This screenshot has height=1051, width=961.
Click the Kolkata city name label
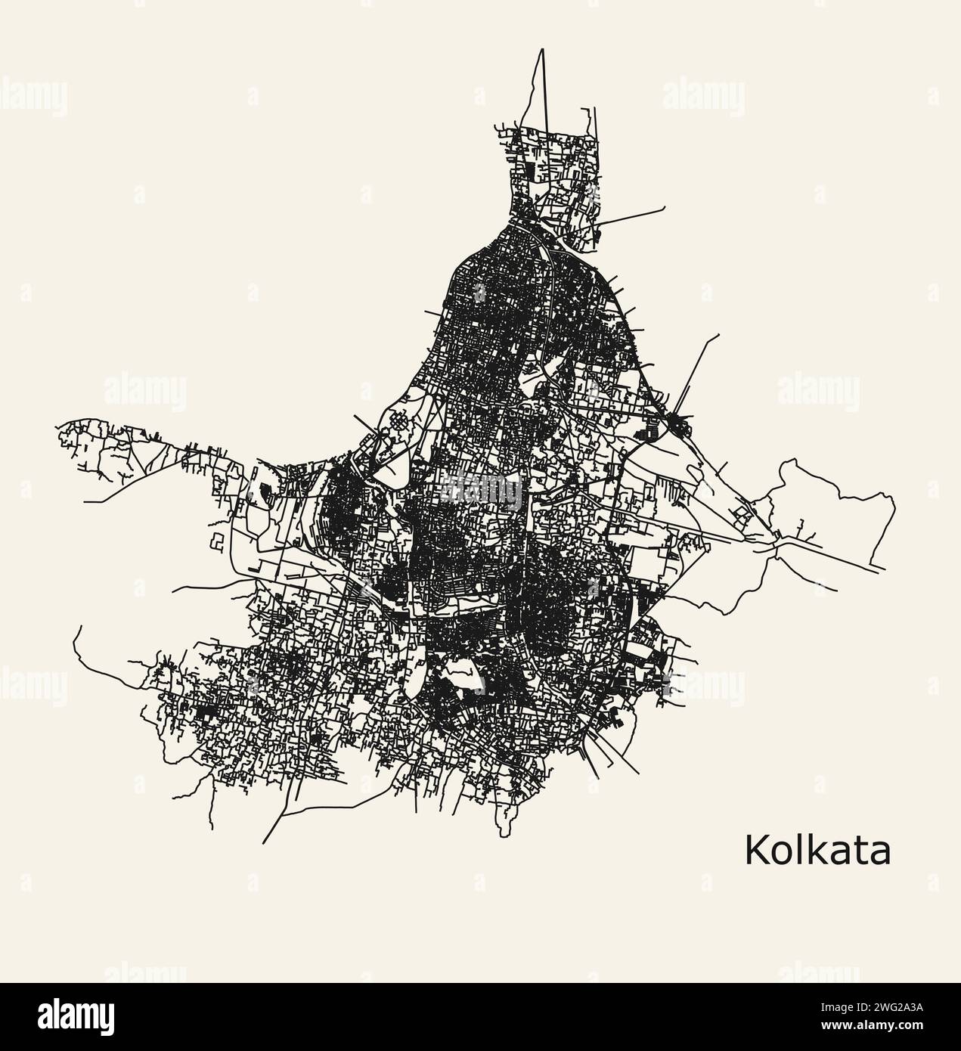point(817,850)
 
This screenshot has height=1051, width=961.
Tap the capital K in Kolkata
point(755,850)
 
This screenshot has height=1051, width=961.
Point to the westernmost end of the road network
point(58,429)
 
